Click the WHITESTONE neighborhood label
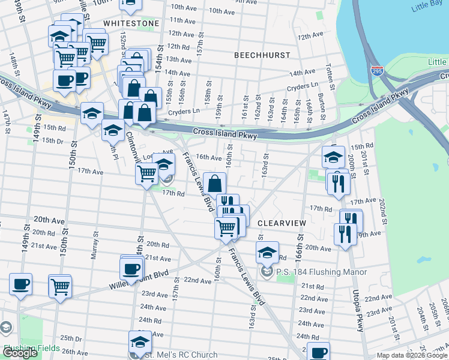point(131,23)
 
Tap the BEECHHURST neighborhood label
point(262,55)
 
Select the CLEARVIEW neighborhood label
point(282,223)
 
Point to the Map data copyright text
point(412,355)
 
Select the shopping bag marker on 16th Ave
point(214,184)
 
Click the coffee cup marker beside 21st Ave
point(131,268)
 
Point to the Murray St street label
point(94,247)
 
